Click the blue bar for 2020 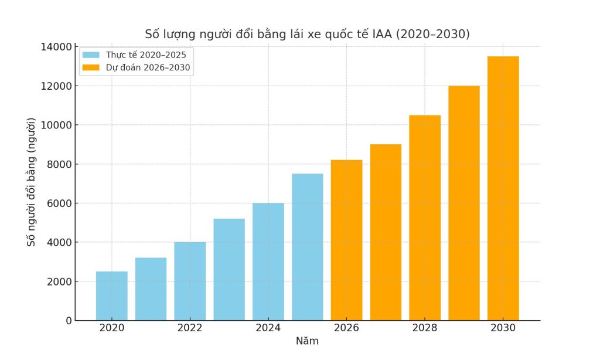pyautogui.click(x=111, y=296)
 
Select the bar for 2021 pyautogui.click(x=151, y=289)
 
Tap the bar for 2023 pyautogui.click(x=229, y=270)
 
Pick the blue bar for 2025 pyautogui.click(x=307, y=247)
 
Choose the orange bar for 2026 pyautogui.click(x=346, y=240)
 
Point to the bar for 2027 pyautogui.click(x=386, y=232)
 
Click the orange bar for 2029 pyautogui.click(x=464, y=203)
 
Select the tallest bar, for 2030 pyautogui.click(x=503, y=188)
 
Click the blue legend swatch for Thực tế pyautogui.click(x=91, y=55)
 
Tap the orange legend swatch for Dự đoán pyautogui.click(x=91, y=67)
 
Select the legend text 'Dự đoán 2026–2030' pyautogui.click(x=148, y=67)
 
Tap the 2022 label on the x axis pyautogui.click(x=190, y=328)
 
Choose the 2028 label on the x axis pyautogui.click(x=425, y=328)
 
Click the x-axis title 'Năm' pyautogui.click(x=307, y=341)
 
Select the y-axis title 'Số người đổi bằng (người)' pyautogui.click(x=32, y=182)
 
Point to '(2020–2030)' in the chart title pyautogui.click(x=433, y=34)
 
